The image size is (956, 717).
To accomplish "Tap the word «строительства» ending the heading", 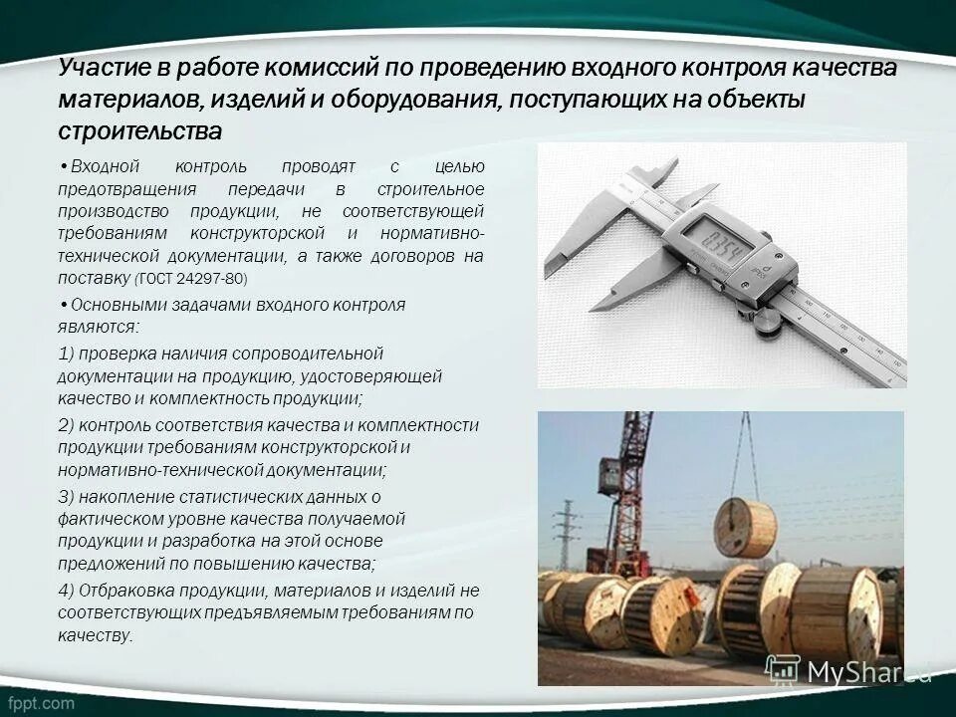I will [139, 131].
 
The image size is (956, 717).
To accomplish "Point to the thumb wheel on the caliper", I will [767, 319].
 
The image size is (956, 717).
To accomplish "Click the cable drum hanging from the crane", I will [745, 527].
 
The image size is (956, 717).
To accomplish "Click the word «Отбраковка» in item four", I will [121, 590].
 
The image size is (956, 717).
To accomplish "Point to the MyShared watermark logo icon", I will [783, 670].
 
